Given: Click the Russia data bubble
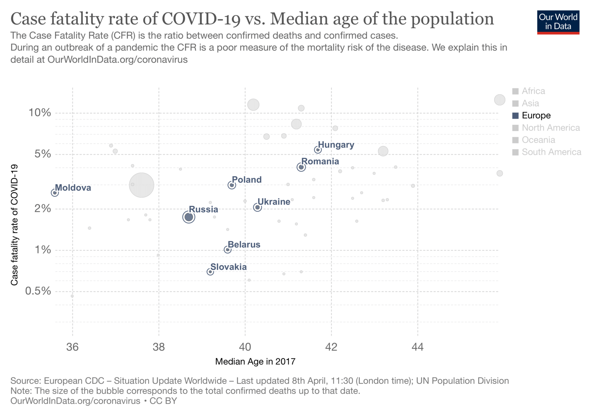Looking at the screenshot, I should tap(189, 217).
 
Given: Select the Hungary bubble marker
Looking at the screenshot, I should tap(318, 150).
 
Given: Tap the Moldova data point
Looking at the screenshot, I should tap(55, 193).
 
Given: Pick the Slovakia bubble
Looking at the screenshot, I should tap(210, 272).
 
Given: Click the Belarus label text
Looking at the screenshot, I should tap(244, 245).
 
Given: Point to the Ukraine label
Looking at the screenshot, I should tap(274, 202).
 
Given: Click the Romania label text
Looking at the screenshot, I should tap(320, 161).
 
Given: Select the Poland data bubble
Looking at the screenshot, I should tap(232, 185).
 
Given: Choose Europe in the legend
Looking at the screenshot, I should tap(536, 116).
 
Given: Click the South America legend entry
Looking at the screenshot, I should tap(551, 152).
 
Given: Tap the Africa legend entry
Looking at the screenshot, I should tap(533, 91).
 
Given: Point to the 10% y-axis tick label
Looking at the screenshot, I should tap(40, 113).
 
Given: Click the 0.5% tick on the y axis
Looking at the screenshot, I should tap(38, 291).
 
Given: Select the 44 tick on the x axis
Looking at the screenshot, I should tap(417, 347).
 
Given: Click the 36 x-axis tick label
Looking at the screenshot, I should tap(72, 347).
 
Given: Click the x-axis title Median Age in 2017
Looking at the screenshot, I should tap(255, 361).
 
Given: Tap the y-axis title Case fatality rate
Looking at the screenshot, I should tap(14, 225).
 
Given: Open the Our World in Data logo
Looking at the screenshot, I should tap(558, 22).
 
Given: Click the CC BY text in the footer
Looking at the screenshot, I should tap(163, 401).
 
